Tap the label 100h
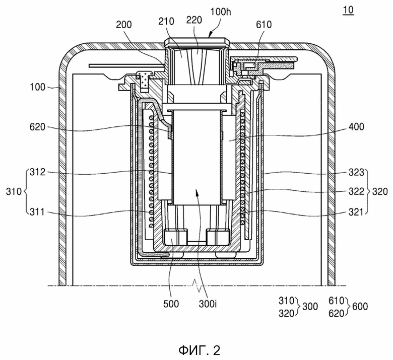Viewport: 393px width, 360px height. tap(221, 12)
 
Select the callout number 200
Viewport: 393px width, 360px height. tap(124, 25)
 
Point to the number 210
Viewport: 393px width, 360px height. tap(166, 21)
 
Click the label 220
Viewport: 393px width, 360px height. tap(194, 20)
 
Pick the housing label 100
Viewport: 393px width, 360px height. tap(38, 87)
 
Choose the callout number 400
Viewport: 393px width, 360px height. tap(356, 127)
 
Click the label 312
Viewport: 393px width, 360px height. tap(38, 172)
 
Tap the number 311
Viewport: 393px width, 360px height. tap(38, 212)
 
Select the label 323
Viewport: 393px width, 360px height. tap(356, 172)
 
